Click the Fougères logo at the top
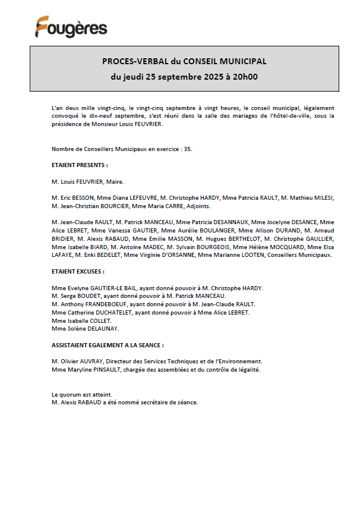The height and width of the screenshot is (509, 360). pyautogui.click(x=71, y=27)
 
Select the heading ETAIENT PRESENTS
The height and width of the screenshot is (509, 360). pyautogui.click(x=80, y=165)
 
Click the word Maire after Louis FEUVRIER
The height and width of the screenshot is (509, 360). pyautogui.click(x=115, y=181)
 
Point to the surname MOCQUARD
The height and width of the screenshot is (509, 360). pyautogui.click(x=289, y=247)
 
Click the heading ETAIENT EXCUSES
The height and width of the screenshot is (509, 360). pyautogui.click(x=78, y=271)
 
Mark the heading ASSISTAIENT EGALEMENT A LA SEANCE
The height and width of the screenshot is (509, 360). pyautogui.click(x=108, y=345)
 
